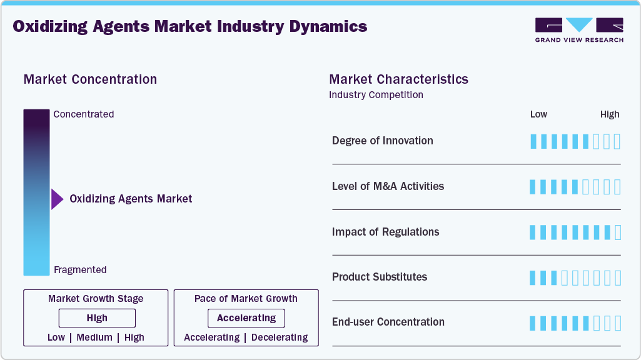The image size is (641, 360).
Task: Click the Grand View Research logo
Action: point(579,29)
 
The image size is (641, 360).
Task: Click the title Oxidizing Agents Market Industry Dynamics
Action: point(190,26)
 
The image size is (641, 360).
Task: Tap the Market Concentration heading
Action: point(90,79)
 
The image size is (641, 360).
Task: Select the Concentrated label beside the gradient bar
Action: point(84,114)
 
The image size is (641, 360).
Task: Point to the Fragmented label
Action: point(80,270)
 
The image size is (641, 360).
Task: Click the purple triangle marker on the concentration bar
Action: point(57,199)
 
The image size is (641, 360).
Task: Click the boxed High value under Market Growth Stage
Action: point(97,318)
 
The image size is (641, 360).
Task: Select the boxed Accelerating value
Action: point(246,318)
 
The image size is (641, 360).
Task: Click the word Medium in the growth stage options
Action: point(94,337)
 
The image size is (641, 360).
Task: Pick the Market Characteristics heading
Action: point(398,79)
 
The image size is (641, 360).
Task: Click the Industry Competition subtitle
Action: point(376,95)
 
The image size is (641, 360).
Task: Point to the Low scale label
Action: point(538,114)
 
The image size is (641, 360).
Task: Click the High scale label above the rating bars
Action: point(610,114)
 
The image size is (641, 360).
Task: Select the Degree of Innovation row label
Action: point(382,141)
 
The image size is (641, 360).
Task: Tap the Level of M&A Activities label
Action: point(388,186)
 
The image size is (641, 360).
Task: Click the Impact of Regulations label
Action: point(385,232)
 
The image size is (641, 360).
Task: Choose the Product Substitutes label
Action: point(380,277)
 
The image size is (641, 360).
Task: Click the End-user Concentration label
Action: point(388,322)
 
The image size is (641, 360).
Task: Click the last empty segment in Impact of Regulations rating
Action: point(618,232)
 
